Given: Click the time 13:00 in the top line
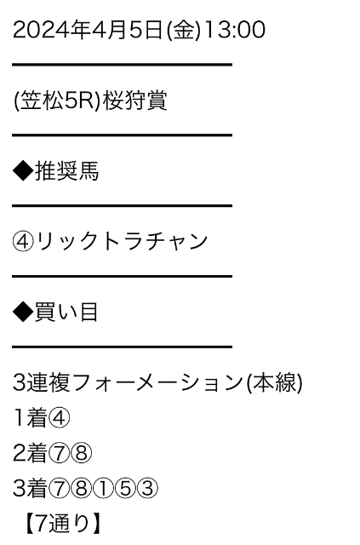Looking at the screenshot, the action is click(x=235, y=30).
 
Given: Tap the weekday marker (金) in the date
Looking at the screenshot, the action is click(x=184, y=30).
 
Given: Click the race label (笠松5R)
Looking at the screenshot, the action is click(x=57, y=100).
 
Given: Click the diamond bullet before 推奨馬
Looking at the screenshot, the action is click(x=23, y=171).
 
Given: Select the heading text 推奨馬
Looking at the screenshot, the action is click(x=66, y=171).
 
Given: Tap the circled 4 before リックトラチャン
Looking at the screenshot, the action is click(x=23, y=242).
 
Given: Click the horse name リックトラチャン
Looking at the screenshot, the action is click(x=123, y=242).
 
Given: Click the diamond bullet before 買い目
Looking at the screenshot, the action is click(x=23, y=313).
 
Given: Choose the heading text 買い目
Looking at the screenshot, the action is click(x=66, y=313).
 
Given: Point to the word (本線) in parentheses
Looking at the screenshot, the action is click(x=274, y=383).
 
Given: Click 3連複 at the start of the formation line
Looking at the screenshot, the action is click(x=42, y=382).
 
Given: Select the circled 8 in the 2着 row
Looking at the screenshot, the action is click(x=81, y=453).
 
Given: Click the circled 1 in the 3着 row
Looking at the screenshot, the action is click(x=103, y=488).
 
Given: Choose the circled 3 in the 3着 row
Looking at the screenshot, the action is click(x=147, y=488).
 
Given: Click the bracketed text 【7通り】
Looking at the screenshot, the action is click(x=63, y=524).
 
